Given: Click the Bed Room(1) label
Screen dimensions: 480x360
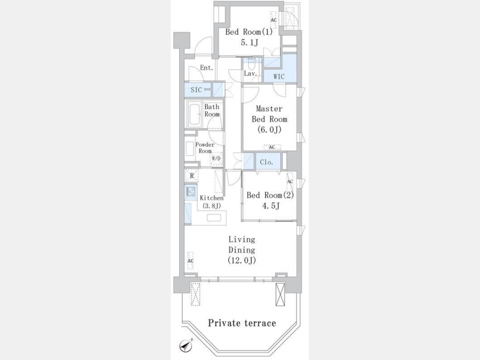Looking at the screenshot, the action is tap(249, 32).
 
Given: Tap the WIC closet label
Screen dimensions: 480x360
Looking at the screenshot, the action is tap(279, 76).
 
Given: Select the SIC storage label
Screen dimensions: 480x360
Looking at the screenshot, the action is tap(196, 90).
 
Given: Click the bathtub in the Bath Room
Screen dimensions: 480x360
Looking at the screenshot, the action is tap(194, 114).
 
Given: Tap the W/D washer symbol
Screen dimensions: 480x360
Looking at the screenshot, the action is tap(216, 158).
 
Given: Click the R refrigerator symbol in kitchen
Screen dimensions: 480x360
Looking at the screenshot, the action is tap(192, 175).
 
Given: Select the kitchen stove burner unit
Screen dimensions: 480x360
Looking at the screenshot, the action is tap(191, 192).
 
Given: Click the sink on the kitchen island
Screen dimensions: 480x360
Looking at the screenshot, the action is tap(214, 218).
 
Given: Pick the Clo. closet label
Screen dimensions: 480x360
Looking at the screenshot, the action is tap(266, 162).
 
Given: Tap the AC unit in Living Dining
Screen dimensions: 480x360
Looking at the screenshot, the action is tap(190, 260).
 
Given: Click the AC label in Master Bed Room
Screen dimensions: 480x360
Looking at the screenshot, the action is tap(272, 147).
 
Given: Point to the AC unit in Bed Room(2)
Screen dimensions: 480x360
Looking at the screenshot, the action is tap(290, 181).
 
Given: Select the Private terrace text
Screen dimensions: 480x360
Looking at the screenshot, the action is tap(242, 323).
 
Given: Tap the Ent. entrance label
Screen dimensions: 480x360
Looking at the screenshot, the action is tap(206, 68).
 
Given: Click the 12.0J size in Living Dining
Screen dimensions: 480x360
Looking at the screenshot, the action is tap(242, 260).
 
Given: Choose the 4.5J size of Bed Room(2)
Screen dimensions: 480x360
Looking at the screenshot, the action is tap(270, 206).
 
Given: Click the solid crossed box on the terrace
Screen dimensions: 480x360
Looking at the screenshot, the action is tap(280, 294).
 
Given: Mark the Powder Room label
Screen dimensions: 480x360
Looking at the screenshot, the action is tap(205, 148).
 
